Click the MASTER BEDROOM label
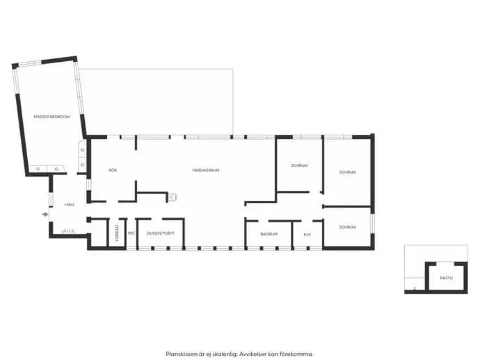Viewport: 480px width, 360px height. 51,117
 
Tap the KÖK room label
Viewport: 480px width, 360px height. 113,170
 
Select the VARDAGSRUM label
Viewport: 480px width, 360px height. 206,170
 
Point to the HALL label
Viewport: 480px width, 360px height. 70,204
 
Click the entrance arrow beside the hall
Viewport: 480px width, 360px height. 45,215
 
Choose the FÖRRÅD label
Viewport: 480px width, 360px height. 117,234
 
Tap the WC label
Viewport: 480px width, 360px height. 131,234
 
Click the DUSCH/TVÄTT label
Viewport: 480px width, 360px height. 161,234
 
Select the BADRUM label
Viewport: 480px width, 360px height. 269,234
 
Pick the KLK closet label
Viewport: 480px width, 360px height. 307,234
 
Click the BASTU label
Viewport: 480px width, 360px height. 447,278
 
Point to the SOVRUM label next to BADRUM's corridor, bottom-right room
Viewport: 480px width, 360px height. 347,227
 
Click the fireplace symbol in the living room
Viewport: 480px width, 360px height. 172,197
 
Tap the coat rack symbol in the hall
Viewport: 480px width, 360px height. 68,231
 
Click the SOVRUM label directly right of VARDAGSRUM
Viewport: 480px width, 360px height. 299,165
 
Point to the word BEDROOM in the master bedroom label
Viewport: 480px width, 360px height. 60,117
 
